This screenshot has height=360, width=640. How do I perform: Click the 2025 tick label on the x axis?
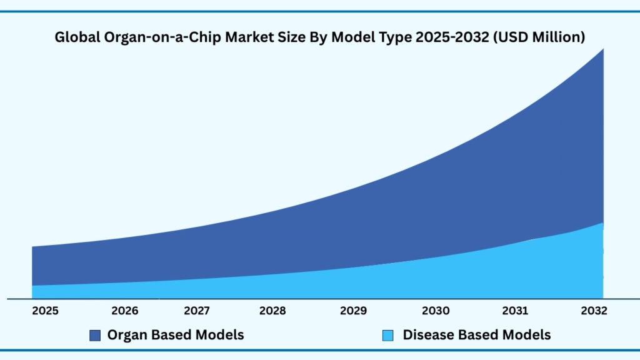(x=46, y=311)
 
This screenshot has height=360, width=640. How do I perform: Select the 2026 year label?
(x=124, y=311)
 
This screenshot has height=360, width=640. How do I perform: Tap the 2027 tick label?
(x=197, y=311)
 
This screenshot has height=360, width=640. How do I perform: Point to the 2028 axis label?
(x=273, y=311)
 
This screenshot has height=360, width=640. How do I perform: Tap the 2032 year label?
(x=593, y=311)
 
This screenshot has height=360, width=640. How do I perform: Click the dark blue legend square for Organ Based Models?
(x=95, y=336)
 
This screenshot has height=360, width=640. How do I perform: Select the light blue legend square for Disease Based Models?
(x=387, y=336)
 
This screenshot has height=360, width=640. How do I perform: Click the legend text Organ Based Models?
(x=176, y=335)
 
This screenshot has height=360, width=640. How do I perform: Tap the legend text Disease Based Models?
(x=477, y=335)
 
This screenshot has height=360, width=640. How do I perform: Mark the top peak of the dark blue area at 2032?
(x=602, y=49)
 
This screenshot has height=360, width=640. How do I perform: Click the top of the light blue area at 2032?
(x=602, y=223)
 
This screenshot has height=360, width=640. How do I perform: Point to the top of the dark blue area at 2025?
(x=32, y=247)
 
